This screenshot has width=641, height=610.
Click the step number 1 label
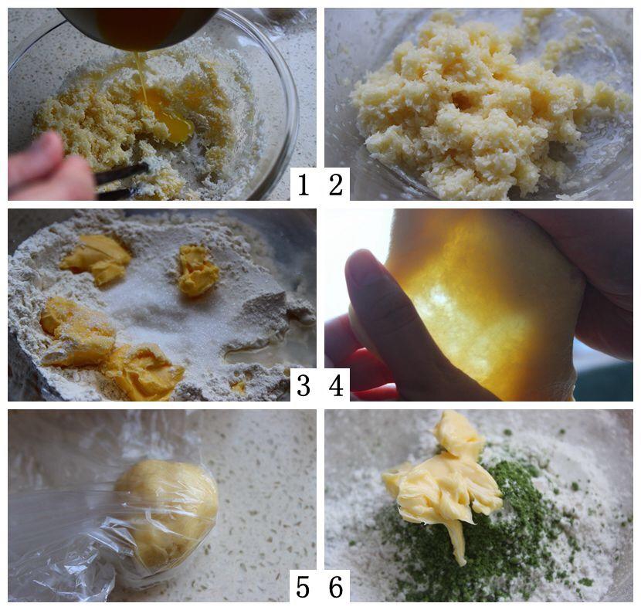tap(303, 185)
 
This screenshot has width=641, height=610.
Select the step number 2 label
tap(336, 185)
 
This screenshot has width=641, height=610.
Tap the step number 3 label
tap(303, 385)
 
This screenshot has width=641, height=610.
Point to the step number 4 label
tap(336, 385)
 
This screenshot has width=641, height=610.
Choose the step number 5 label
tap(303, 587)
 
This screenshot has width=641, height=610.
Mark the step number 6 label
tap(336, 587)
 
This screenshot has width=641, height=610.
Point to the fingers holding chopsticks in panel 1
tap(47, 168)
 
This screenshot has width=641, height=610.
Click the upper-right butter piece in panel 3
tap(198, 269)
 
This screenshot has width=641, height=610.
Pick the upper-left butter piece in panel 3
tap(96, 258)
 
